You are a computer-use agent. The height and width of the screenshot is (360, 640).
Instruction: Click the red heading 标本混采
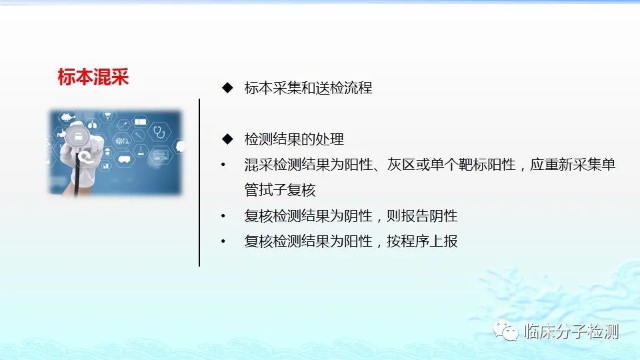[93, 77]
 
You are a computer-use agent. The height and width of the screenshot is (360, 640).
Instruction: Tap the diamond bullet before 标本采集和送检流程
[227, 88]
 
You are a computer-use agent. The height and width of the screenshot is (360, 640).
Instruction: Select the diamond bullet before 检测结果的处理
[227, 139]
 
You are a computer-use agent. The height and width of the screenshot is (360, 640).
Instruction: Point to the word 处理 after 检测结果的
[329, 139]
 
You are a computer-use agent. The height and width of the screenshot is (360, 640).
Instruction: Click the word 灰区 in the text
[401, 165]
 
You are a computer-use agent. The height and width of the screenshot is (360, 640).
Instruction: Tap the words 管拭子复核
[280, 190]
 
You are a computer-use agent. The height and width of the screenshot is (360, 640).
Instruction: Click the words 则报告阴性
[422, 216]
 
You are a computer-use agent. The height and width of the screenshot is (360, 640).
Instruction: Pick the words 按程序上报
[422, 241]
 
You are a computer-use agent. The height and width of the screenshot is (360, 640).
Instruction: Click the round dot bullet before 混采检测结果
[223, 165]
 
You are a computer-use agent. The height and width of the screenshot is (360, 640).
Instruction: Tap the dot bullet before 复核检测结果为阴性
[223, 216]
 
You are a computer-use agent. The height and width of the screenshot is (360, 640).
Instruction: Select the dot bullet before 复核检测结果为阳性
[223, 241]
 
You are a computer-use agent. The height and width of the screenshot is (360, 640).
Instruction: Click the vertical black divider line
[199, 183]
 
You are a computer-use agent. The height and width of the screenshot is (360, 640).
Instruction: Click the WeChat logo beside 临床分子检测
[505, 331]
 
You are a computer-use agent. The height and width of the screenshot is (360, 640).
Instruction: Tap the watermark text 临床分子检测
[571, 331]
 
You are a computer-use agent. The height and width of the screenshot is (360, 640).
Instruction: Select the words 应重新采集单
[572, 165]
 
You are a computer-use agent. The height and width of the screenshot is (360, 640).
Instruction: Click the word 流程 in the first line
[358, 88]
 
